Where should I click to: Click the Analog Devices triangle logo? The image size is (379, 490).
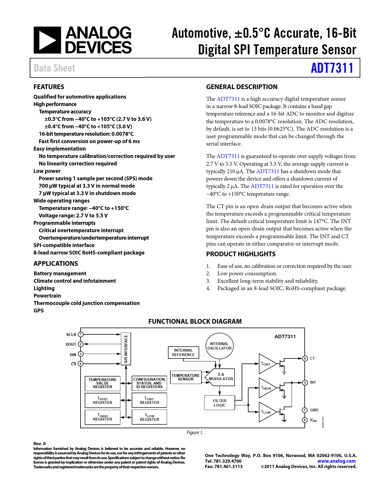click(47, 40)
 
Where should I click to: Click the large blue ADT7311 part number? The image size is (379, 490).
click(332, 68)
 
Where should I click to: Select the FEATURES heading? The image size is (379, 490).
click(49, 87)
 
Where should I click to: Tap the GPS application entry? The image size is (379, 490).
click(39, 311)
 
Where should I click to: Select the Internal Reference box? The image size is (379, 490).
click(183, 353)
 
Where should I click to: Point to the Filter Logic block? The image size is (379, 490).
click(220, 403)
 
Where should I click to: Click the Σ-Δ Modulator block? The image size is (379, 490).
click(221, 377)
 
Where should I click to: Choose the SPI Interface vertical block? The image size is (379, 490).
click(126, 349)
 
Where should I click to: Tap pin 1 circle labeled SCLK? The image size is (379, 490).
click(81, 334)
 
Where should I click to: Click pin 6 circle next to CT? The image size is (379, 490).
click(305, 358)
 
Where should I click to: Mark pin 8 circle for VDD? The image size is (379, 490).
click(305, 420)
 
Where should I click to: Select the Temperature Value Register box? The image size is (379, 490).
click(103, 383)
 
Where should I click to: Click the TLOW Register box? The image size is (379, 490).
click(150, 417)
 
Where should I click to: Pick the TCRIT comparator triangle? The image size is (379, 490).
click(266, 364)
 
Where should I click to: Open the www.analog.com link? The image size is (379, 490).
click(336, 461)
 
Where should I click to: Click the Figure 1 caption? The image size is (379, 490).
click(195, 433)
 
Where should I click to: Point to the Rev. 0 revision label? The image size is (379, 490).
click(40, 444)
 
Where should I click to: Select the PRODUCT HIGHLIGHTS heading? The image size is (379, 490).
click(241, 254)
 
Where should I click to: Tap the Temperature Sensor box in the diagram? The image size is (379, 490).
click(185, 377)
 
